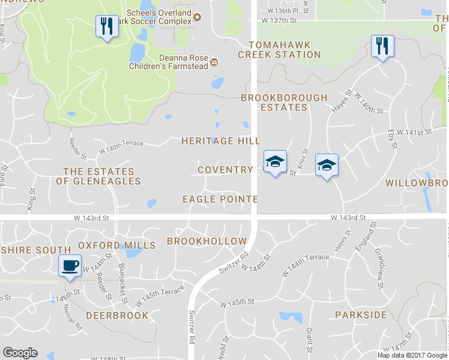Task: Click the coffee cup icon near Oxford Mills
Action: point(70,265)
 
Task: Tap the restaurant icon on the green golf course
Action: point(106,26)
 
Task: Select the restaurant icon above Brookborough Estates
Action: point(382,46)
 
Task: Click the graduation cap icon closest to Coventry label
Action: point(275,161)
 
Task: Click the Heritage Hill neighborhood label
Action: point(221,141)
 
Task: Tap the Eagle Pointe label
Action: point(220,199)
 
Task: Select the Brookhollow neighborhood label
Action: point(206,241)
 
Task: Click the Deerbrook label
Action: point(117,316)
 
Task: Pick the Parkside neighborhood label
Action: point(361,315)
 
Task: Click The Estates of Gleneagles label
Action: point(102,176)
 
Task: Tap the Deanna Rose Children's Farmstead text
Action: point(169,62)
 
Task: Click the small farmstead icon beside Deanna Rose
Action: point(214,61)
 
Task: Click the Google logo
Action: point(20,353)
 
